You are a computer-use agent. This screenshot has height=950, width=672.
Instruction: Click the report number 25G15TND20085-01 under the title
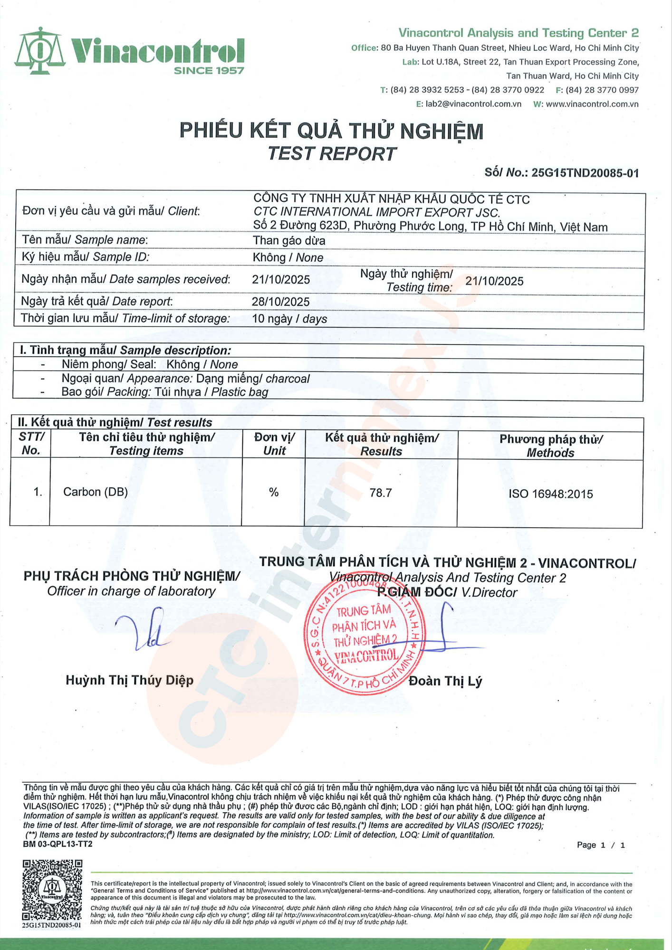585,173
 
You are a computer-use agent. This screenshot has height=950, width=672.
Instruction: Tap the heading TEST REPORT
332,154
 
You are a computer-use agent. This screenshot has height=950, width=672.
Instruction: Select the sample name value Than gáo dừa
289,241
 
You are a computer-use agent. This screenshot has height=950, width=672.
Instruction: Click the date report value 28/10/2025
280,302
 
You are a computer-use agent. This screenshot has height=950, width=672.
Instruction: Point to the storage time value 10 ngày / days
289,319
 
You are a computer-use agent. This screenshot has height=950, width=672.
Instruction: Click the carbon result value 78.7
381,493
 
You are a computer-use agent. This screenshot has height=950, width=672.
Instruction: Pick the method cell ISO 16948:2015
550,494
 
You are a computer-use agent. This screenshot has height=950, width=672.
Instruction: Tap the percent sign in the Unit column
274,493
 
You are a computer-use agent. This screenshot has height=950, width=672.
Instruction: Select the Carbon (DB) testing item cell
96,492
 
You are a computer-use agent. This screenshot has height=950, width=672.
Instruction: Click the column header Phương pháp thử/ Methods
550,446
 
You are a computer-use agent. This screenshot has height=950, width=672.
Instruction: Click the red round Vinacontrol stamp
365,636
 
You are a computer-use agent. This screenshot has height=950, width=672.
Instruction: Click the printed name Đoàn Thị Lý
445,681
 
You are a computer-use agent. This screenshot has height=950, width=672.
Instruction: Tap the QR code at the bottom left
52,890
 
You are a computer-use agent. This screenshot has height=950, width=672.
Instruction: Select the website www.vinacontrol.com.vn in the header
592,104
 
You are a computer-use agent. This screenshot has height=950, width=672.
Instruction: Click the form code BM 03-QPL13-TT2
58,844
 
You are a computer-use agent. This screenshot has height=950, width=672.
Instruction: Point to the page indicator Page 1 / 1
601,845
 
